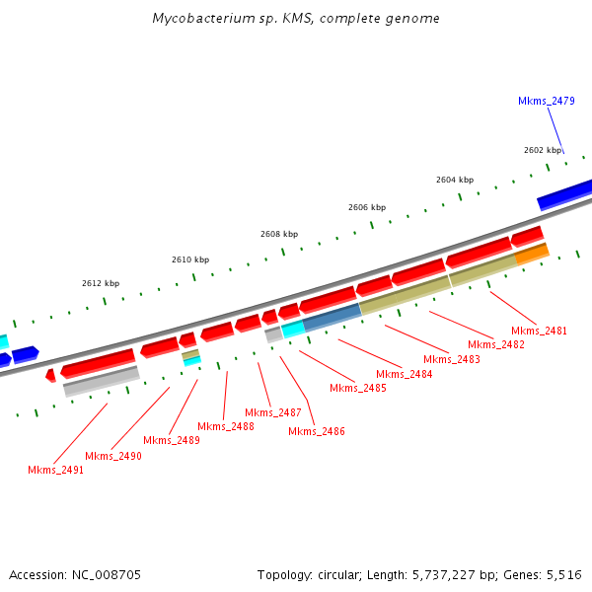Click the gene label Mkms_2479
pyautogui.click(x=546, y=101)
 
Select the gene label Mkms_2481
pyautogui.click(x=539, y=331)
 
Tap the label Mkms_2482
pyautogui.click(x=495, y=344)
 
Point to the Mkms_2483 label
pyautogui.click(x=452, y=359)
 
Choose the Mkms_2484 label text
pyautogui.click(x=405, y=374)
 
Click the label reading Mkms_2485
pyautogui.click(x=357, y=388)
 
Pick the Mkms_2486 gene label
pyautogui.click(x=316, y=431)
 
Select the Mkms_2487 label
pyautogui.click(x=273, y=412)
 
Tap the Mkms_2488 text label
pyautogui.click(x=225, y=426)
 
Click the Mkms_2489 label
pyautogui.click(x=171, y=440)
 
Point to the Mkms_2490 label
pyautogui.click(x=113, y=456)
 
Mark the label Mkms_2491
pyautogui.click(x=55, y=470)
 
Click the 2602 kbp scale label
pyautogui.click(x=542, y=150)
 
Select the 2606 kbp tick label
pyautogui.click(x=366, y=207)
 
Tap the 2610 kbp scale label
pyautogui.click(x=190, y=259)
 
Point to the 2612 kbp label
pyautogui.click(x=101, y=283)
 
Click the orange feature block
pyautogui.click(x=532, y=254)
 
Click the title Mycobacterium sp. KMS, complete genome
pyautogui.click(x=296, y=19)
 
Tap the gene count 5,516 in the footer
pyautogui.click(x=563, y=574)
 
